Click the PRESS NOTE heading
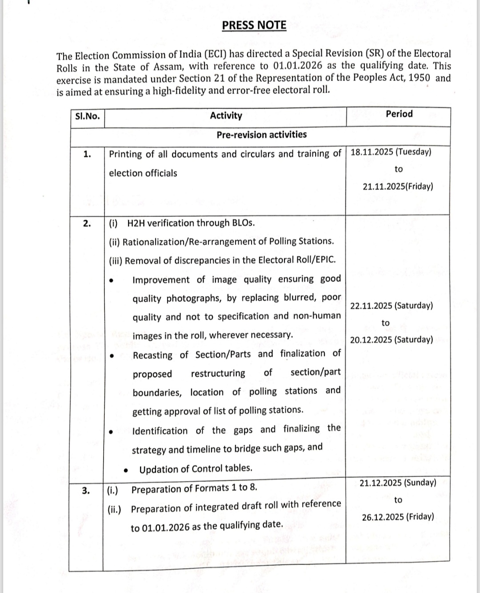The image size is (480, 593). pyautogui.click(x=254, y=25)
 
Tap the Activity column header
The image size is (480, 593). pyautogui.click(x=226, y=116)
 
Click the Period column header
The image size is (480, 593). pyautogui.click(x=399, y=114)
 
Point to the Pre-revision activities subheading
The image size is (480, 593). pyautogui.click(x=261, y=135)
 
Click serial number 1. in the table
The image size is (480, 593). pyautogui.click(x=88, y=154)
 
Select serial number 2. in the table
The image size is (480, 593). pyautogui.click(x=88, y=223)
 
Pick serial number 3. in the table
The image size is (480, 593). pyautogui.click(x=87, y=490)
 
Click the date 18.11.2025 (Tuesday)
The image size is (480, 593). pyautogui.click(x=391, y=152)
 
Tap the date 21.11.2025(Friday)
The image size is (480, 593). pyautogui.click(x=397, y=186)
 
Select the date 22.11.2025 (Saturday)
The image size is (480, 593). pyautogui.click(x=391, y=306)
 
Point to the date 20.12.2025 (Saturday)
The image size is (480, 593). pyautogui.click(x=391, y=340)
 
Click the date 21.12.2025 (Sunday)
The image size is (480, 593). pyautogui.click(x=398, y=483)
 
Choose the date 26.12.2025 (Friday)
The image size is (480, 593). pyautogui.click(x=398, y=517)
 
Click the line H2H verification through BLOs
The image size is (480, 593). pyautogui.click(x=191, y=223)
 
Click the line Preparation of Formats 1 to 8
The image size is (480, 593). pyautogui.click(x=194, y=489)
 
